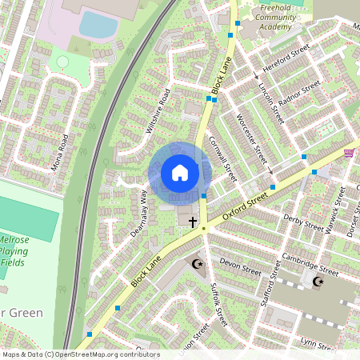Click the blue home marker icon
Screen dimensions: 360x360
click(x=179, y=173)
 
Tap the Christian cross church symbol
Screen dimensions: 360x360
click(x=192, y=218)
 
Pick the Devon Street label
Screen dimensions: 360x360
click(x=241, y=266)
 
